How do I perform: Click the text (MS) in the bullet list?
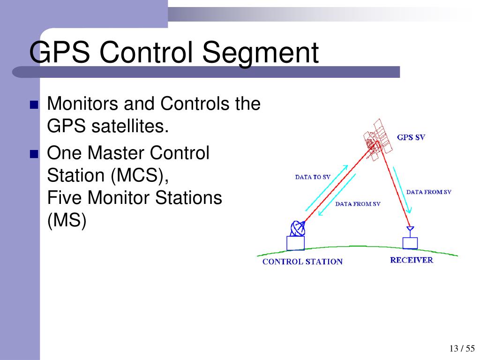(67, 221)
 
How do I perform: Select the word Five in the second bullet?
(65, 197)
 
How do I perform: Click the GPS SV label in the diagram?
(411, 138)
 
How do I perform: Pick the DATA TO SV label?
(313, 177)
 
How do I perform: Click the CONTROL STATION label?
(302, 262)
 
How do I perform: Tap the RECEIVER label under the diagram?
(412, 260)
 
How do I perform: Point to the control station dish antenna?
(297, 228)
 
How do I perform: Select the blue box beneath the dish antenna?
(295, 243)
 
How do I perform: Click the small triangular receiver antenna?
(410, 230)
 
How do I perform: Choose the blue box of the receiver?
(410, 243)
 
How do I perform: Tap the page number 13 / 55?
(462, 348)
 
